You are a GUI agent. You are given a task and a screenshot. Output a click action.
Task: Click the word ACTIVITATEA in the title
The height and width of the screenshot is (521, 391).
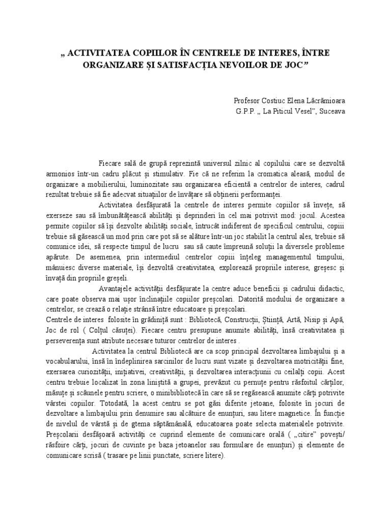(92, 52)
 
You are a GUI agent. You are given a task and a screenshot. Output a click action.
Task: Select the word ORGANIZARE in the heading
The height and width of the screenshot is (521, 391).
(115, 65)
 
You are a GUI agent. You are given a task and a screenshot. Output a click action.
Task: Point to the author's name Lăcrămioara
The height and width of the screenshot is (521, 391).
(324, 101)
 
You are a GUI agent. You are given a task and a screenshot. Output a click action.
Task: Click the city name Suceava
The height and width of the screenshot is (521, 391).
(331, 111)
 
